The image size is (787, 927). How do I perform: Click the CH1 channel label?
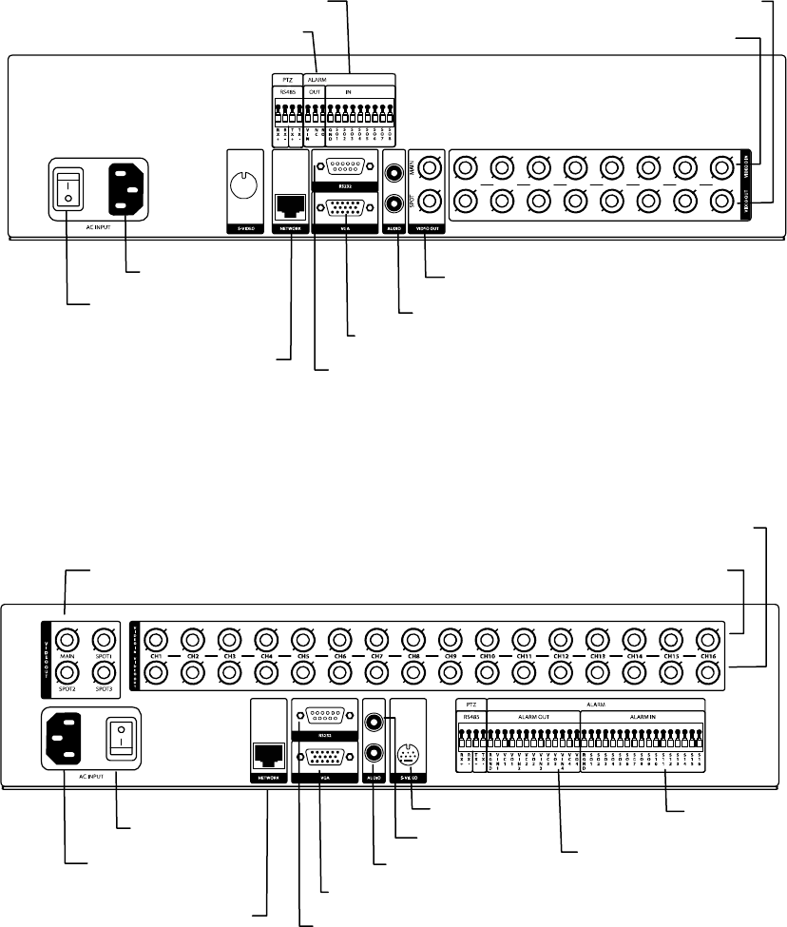click(x=158, y=656)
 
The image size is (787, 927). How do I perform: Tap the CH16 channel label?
click(x=705, y=656)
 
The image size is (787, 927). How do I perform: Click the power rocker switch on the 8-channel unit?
click(x=66, y=187)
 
